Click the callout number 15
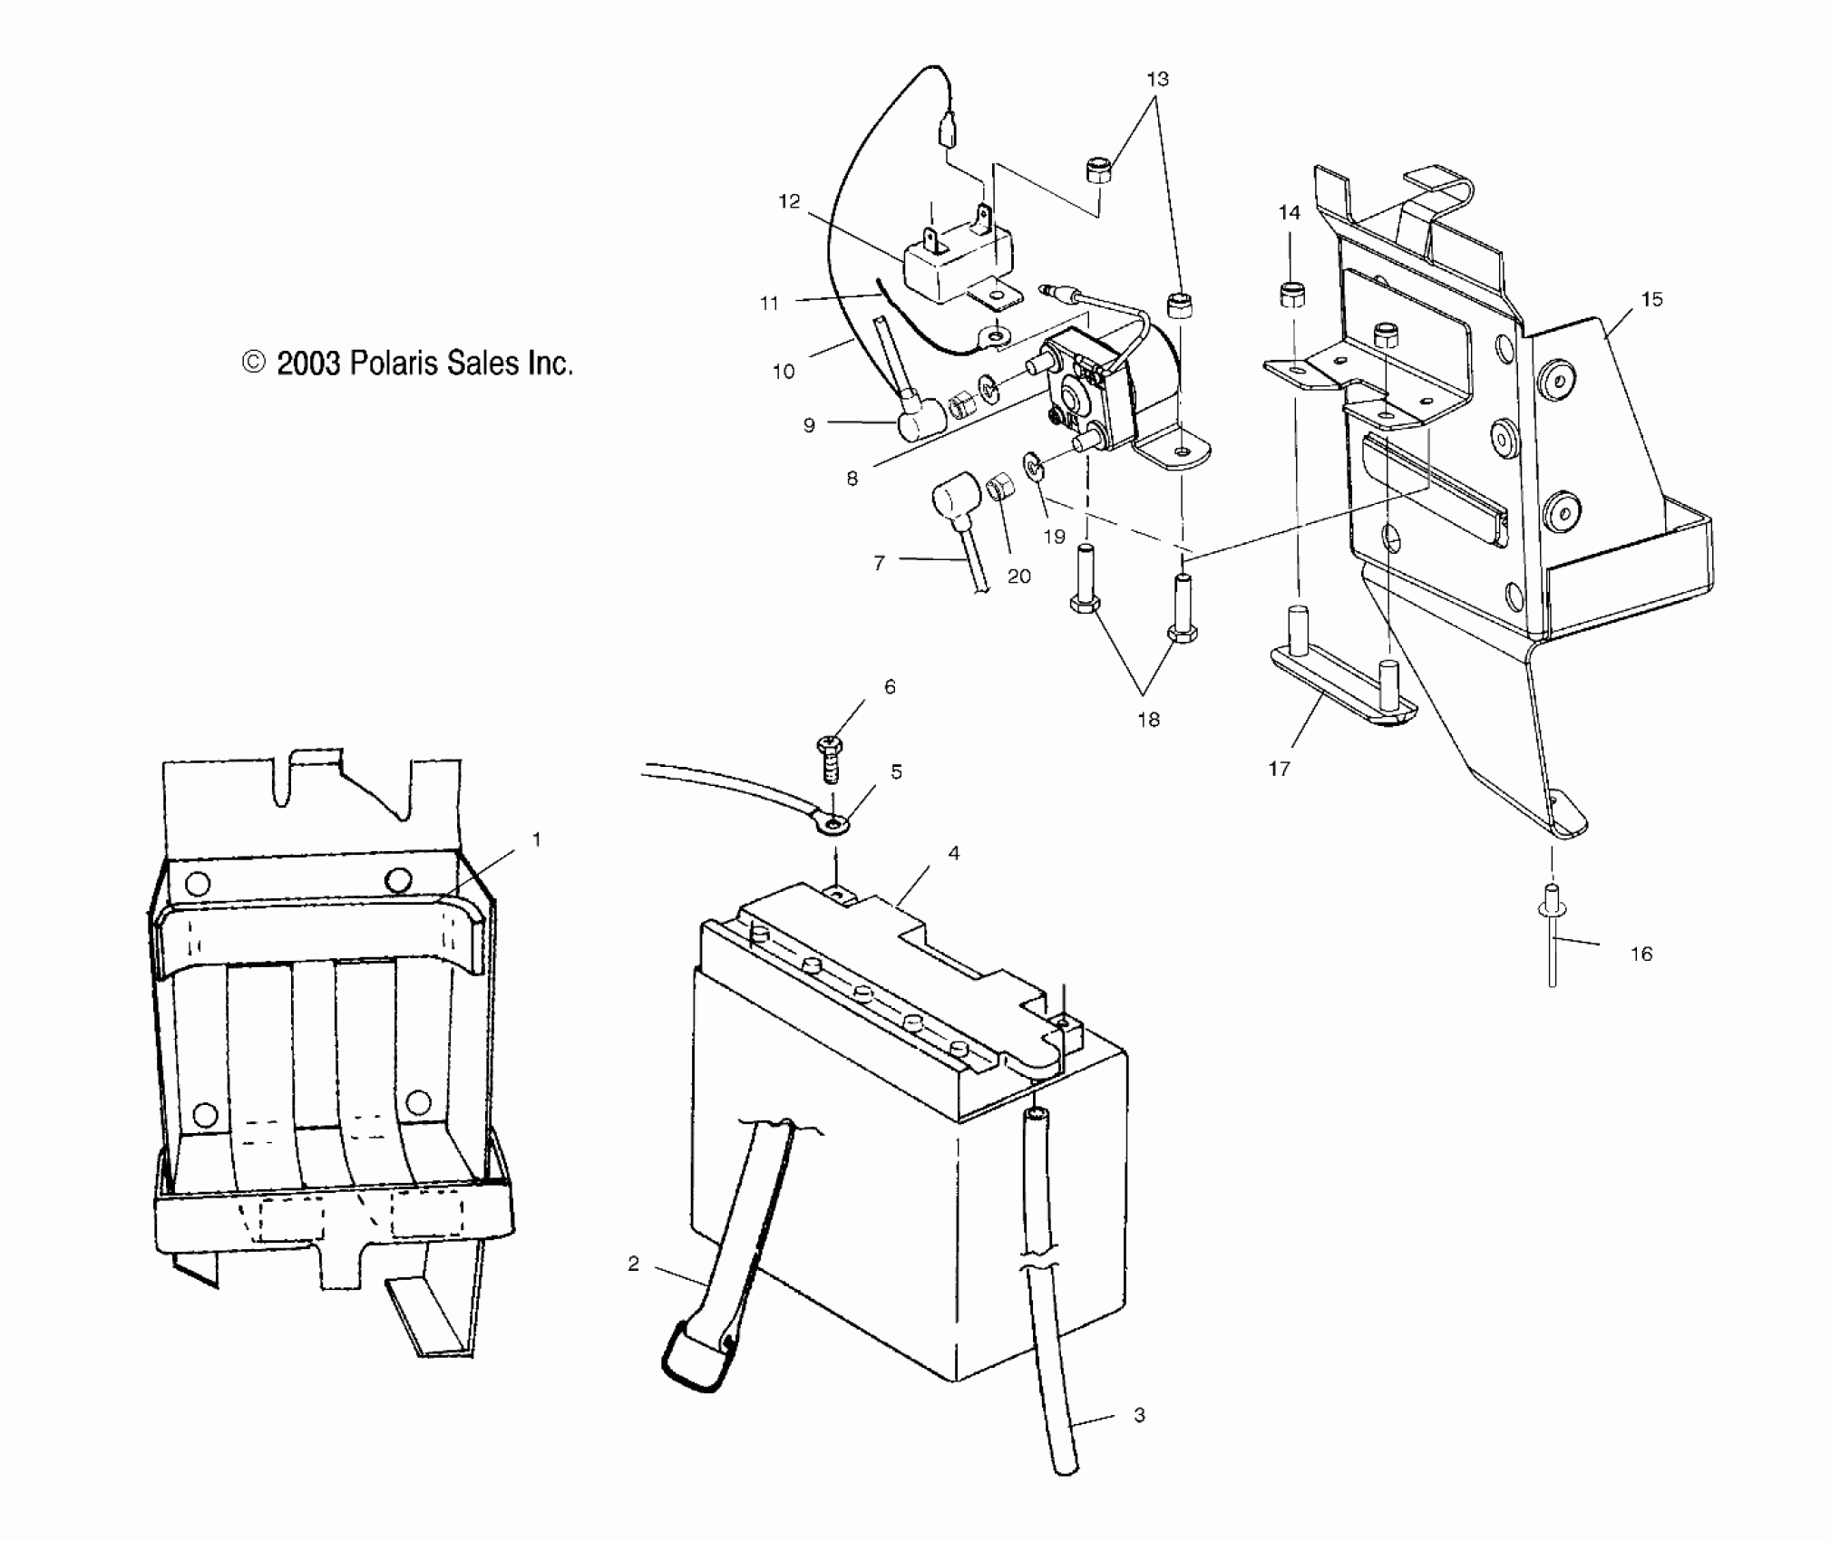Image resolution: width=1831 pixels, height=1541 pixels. (1652, 299)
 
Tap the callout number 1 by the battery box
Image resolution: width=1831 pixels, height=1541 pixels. (536, 840)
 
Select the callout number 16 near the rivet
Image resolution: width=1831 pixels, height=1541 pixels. (1641, 954)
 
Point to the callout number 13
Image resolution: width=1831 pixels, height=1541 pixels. (1157, 80)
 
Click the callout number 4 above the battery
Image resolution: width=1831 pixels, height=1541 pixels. (953, 853)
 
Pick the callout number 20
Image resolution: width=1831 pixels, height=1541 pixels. (1019, 577)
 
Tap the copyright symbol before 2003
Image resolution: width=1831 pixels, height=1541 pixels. (254, 363)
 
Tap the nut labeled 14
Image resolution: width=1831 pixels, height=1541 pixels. (1291, 296)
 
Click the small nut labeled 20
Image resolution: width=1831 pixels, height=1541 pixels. (1000, 488)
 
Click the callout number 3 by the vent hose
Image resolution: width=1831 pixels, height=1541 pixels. (1140, 1415)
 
